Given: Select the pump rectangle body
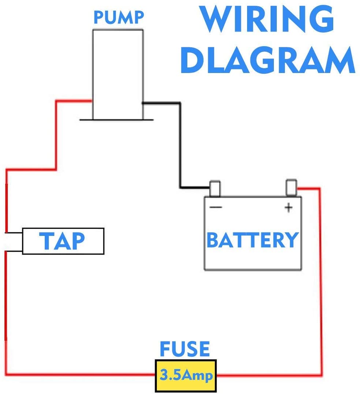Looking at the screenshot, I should pyautogui.click(x=118, y=73).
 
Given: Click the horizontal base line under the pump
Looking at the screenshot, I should pyautogui.click(x=116, y=120).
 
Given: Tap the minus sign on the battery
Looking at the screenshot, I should pyautogui.click(x=216, y=207).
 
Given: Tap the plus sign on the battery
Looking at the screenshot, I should pyautogui.click(x=289, y=208).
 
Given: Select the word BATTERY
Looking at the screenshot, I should pyautogui.click(x=253, y=240).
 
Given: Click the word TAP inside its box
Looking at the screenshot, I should pyautogui.click(x=62, y=241).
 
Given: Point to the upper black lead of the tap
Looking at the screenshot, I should pyautogui.click(x=14, y=233).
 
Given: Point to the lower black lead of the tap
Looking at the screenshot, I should pyautogui.click(x=14, y=251).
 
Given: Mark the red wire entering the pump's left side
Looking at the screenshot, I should pyautogui.click(x=73, y=101).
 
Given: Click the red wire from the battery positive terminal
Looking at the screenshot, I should pyautogui.click(x=321, y=279).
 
